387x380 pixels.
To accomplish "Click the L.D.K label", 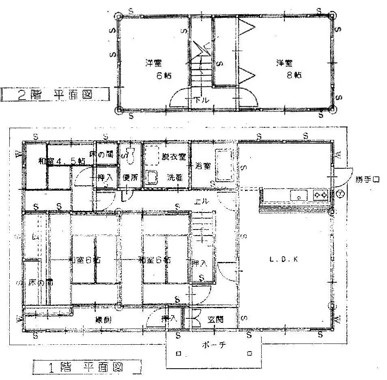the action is pyautogui.click(x=284, y=260).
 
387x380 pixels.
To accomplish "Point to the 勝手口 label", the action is pyautogui.click(x=368, y=179).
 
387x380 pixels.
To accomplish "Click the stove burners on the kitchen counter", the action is pyautogui.click(x=320, y=195).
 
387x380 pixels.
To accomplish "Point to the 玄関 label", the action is pyautogui.click(x=213, y=319).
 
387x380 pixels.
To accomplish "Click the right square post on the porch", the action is pyautogui.click(x=249, y=354).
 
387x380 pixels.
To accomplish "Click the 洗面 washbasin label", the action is pyautogui.click(x=175, y=177).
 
